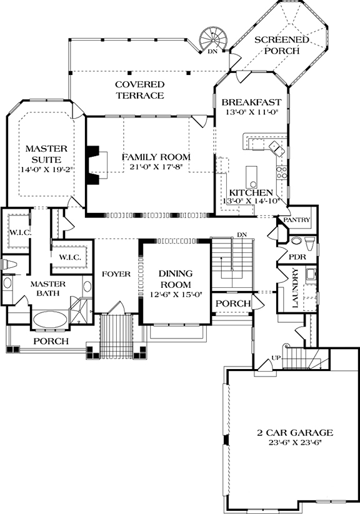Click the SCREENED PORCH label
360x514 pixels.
click(x=281, y=46)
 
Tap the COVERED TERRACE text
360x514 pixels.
click(x=139, y=90)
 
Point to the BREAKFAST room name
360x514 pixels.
click(x=252, y=102)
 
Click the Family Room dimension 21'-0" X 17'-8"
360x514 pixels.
click(x=156, y=167)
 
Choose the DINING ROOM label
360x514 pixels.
click(x=175, y=279)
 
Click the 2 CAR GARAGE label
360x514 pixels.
click(x=294, y=433)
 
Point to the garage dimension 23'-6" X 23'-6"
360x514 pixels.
click(x=294, y=443)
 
